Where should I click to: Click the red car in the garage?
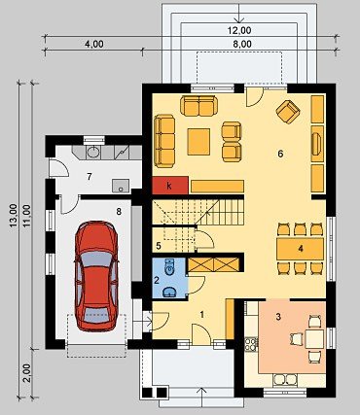[x=96, y=276]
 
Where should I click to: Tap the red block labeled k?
[x=170, y=186]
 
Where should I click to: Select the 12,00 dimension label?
[x=238, y=30]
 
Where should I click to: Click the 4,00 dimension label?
[x=94, y=44]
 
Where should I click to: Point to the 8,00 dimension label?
[x=242, y=44]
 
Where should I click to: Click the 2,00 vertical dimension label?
[x=28, y=373]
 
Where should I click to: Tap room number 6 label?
[x=280, y=154]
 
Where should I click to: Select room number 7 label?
[x=90, y=176]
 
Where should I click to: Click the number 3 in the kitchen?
[x=278, y=317]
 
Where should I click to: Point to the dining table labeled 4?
[x=301, y=249]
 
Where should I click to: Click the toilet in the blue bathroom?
[x=169, y=267]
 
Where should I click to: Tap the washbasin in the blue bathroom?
[x=168, y=292]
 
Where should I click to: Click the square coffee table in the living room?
[x=198, y=141]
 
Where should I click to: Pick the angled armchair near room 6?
[x=288, y=112]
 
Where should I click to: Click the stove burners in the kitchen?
[x=251, y=344]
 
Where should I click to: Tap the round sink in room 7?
[x=93, y=152]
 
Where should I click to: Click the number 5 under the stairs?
[x=159, y=246]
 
